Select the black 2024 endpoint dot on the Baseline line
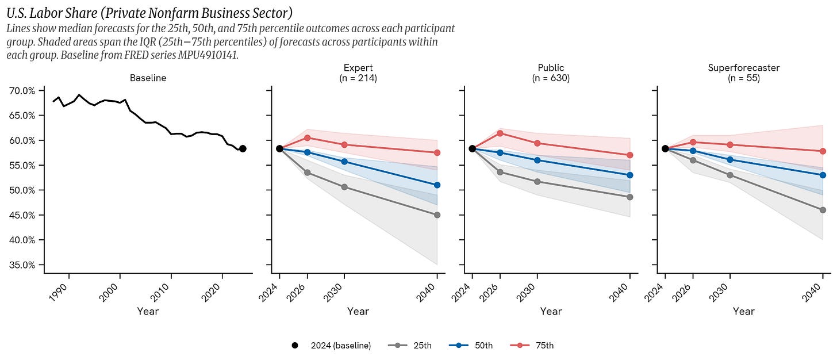(x=243, y=148)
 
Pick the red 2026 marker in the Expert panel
(x=307, y=137)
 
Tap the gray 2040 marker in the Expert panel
(x=437, y=215)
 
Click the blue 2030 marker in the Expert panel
(x=344, y=162)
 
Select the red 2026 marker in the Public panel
(x=500, y=133)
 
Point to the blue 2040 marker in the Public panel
(x=629, y=175)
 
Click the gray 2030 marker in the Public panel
(x=537, y=182)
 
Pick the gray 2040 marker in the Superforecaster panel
(x=823, y=210)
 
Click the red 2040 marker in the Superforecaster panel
(x=823, y=151)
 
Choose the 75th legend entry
(x=532, y=346)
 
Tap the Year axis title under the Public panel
(x=551, y=311)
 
